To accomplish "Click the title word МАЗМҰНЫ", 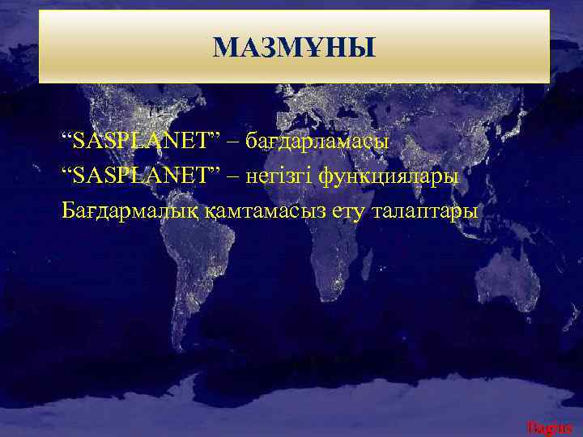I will click(294, 49).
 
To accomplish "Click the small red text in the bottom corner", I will click(550, 426).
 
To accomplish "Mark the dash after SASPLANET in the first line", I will click(233, 142).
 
